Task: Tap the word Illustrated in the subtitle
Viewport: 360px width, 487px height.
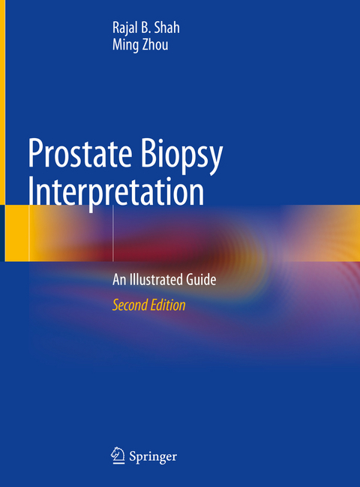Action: click(157, 281)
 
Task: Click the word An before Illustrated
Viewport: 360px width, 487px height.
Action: click(120, 281)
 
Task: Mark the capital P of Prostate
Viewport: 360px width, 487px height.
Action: click(36, 153)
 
